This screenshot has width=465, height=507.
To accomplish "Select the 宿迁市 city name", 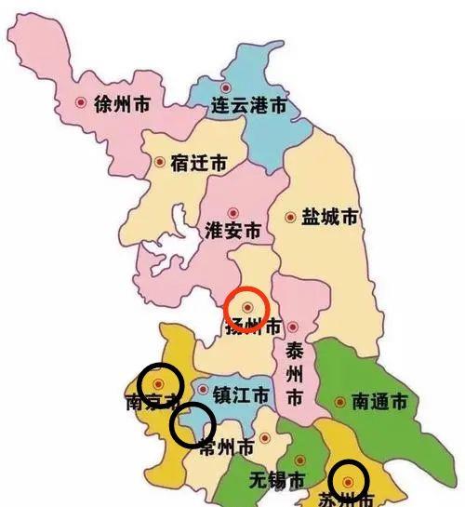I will click(198, 163).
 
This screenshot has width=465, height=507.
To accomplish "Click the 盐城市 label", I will click(329, 218).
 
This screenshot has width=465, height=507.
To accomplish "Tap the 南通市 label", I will click(379, 402).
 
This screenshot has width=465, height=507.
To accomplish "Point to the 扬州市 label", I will click(252, 327).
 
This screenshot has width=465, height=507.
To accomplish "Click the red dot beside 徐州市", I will click(81, 102).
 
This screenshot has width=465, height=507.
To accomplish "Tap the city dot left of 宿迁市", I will click(159, 163).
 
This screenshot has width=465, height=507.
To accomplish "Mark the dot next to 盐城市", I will click(290, 217).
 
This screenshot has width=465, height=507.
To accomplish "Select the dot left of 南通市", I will click(339, 403).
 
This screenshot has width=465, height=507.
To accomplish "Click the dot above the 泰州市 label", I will click(293, 327).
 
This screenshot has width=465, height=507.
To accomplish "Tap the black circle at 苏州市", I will click(348, 482).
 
